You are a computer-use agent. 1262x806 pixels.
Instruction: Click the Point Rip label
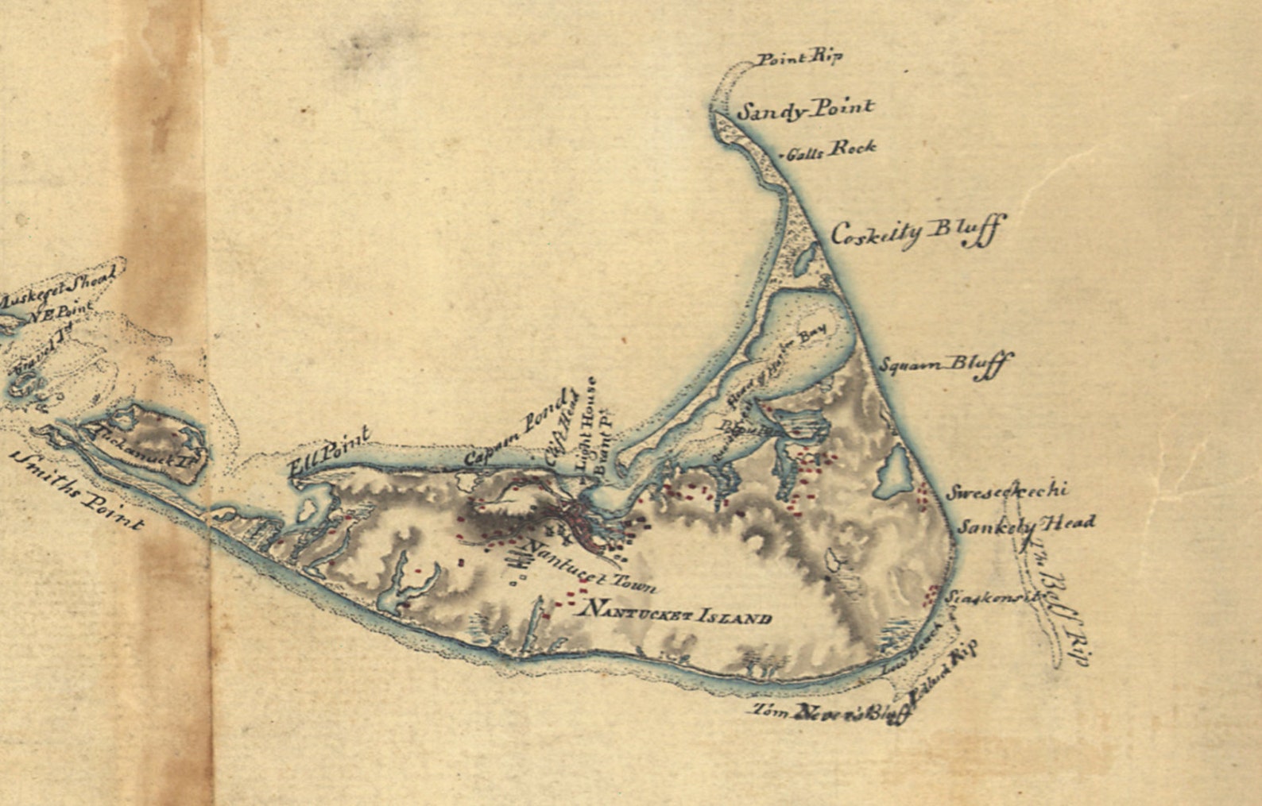coord(798,58)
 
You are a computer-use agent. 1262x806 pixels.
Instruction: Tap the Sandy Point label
coord(804,110)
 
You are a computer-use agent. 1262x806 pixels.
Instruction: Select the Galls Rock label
coord(830,149)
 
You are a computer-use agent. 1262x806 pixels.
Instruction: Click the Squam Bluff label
coord(945,366)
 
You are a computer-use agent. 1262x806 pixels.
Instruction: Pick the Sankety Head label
coord(1025,525)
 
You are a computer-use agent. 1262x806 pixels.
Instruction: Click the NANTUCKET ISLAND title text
coord(676,612)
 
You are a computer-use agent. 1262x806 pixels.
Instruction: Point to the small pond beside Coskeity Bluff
coord(807,257)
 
